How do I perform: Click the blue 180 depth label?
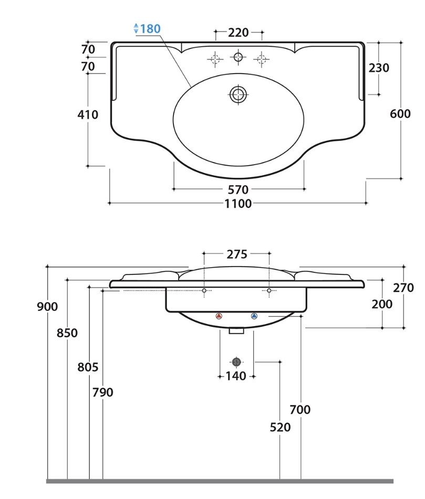tap(150, 29)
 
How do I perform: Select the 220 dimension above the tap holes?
tap(239, 33)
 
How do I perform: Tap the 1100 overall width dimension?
tap(238, 203)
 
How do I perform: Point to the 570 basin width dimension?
tap(238, 190)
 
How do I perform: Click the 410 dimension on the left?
tap(88, 115)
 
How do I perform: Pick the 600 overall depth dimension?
tap(400, 114)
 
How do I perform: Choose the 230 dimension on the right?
tap(379, 68)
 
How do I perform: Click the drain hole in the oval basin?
tap(238, 94)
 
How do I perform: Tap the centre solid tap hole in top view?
tap(238, 57)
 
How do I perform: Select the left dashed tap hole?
tap(215, 59)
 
